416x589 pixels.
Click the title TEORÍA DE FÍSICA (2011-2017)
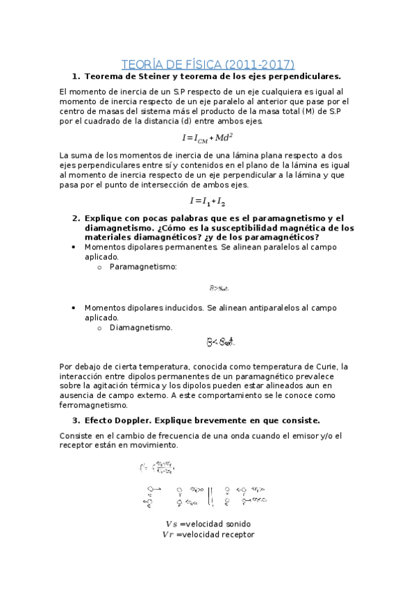tap(208, 65)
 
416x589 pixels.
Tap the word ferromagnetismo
tap(94, 405)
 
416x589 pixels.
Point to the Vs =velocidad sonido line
tap(208, 523)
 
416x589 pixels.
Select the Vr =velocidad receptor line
tap(208, 535)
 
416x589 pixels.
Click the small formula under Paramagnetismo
tap(219, 288)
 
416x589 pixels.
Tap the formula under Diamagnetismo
tap(221, 342)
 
